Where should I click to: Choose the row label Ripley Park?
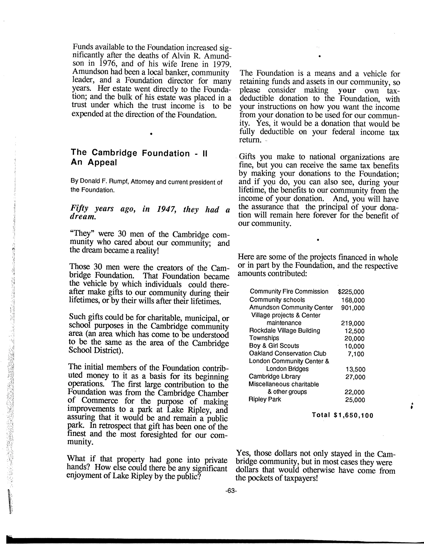click(x=265, y=399)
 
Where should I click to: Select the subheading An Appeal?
click(x=94, y=163)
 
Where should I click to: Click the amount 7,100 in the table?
click(x=356, y=354)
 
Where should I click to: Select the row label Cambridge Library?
click(x=275, y=376)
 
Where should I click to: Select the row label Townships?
click(x=264, y=338)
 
